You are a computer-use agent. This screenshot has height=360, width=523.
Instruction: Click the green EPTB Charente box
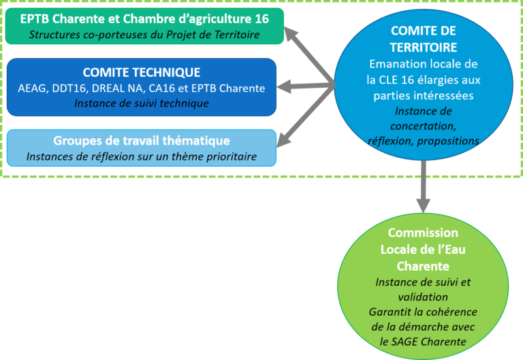[x=144, y=26]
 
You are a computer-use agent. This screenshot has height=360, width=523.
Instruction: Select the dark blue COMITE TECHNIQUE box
[x=141, y=87]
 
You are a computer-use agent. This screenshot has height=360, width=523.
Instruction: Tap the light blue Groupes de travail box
[x=141, y=148]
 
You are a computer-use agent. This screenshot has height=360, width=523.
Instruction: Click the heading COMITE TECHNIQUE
[x=141, y=72]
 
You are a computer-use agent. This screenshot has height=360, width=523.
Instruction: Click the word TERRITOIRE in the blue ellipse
[x=424, y=48]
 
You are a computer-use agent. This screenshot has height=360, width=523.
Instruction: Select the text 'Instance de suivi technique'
[x=141, y=103]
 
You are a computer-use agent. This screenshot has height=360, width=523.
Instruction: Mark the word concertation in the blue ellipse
[x=424, y=126]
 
